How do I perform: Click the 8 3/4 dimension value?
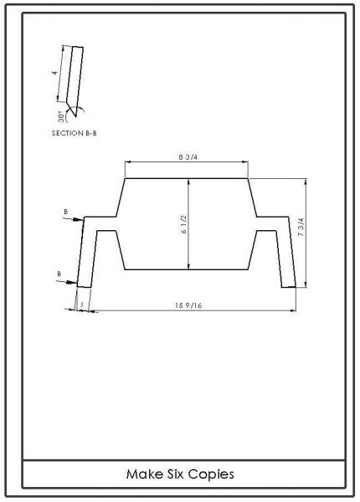click(188, 157)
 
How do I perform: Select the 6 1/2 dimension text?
click(184, 224)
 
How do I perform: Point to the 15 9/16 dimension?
click(188, 305)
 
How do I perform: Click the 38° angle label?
click(61, 117)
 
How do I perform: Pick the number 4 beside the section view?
click(55, 73)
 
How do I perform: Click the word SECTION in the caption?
click(67, 133)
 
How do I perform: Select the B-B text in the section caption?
click(91, 133)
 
